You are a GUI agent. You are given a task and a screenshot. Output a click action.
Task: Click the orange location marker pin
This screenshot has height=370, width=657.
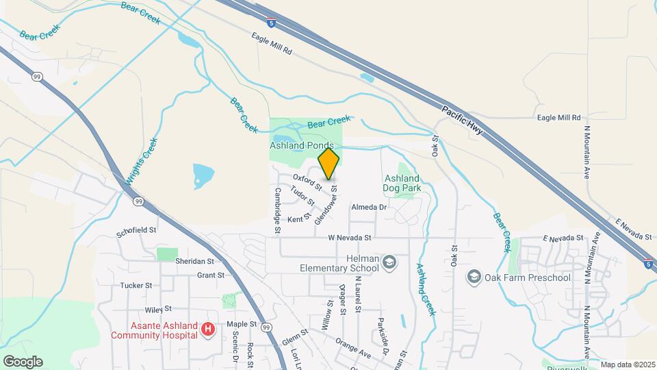(329, 164)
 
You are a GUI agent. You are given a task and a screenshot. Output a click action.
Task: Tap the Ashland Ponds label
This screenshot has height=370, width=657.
(301, 146)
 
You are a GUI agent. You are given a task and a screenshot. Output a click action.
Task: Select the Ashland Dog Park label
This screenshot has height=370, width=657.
(402, 184)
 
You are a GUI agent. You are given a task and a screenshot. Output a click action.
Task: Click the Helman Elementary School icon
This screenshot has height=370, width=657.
(389, 262)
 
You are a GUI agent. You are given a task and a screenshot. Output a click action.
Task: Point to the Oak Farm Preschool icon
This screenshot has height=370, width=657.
(473, 277)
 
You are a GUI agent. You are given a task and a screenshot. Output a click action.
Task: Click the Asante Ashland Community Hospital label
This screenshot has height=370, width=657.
(155, 330)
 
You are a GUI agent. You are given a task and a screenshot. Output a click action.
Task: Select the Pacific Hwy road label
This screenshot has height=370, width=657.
(463, 121)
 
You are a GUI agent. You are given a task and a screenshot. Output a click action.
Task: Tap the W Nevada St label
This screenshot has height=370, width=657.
(349, 238)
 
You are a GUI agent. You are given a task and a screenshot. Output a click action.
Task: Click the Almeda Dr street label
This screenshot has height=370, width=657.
(369, 207)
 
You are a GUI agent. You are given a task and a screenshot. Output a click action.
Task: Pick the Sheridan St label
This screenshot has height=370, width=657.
(194, 261)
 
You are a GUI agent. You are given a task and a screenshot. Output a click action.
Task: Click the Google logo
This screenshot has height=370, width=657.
(23, 361)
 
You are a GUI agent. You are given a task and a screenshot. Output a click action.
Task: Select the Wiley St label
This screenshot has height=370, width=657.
(157, 309)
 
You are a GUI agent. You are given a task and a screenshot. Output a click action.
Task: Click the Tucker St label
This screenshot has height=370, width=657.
(136, 285)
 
